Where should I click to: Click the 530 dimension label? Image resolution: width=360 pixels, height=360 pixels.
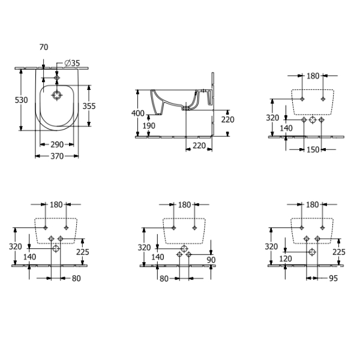click(21, 100)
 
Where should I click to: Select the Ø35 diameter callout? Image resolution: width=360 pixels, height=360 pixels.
click(72, 63)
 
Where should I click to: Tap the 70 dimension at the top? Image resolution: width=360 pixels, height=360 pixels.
click(44, 47)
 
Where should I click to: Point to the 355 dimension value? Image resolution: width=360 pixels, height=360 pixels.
click(89, 106)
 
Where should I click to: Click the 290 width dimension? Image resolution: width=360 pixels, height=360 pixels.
click(57, 145)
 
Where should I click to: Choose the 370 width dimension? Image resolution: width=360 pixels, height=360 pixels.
click(57, 157)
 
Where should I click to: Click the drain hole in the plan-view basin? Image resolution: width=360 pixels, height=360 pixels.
click(57, 95)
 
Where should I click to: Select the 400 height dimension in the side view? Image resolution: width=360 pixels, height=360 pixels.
click(138, 113)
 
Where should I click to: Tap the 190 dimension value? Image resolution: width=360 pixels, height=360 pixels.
click(149, 125)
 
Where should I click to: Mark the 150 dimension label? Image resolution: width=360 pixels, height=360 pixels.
click(313, 149)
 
